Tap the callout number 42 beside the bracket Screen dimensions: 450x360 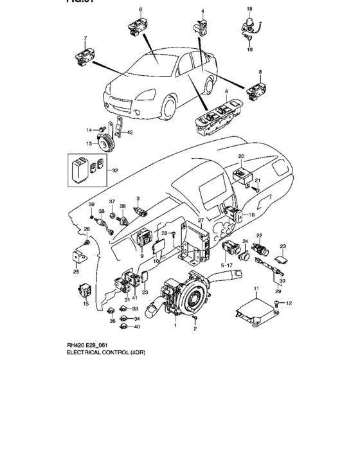click(x=130, y=132)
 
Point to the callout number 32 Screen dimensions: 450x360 click(x=114, y=170)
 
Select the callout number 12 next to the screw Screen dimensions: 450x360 click(x=289, y=303)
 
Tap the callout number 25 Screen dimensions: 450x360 click(x=76, y=272)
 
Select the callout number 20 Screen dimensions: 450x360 click(x=241, y=156)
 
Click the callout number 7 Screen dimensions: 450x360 click(x=85, y=39)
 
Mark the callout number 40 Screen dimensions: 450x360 click(x=137, y=327)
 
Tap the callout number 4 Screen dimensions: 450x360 click(x=202, y=12)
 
